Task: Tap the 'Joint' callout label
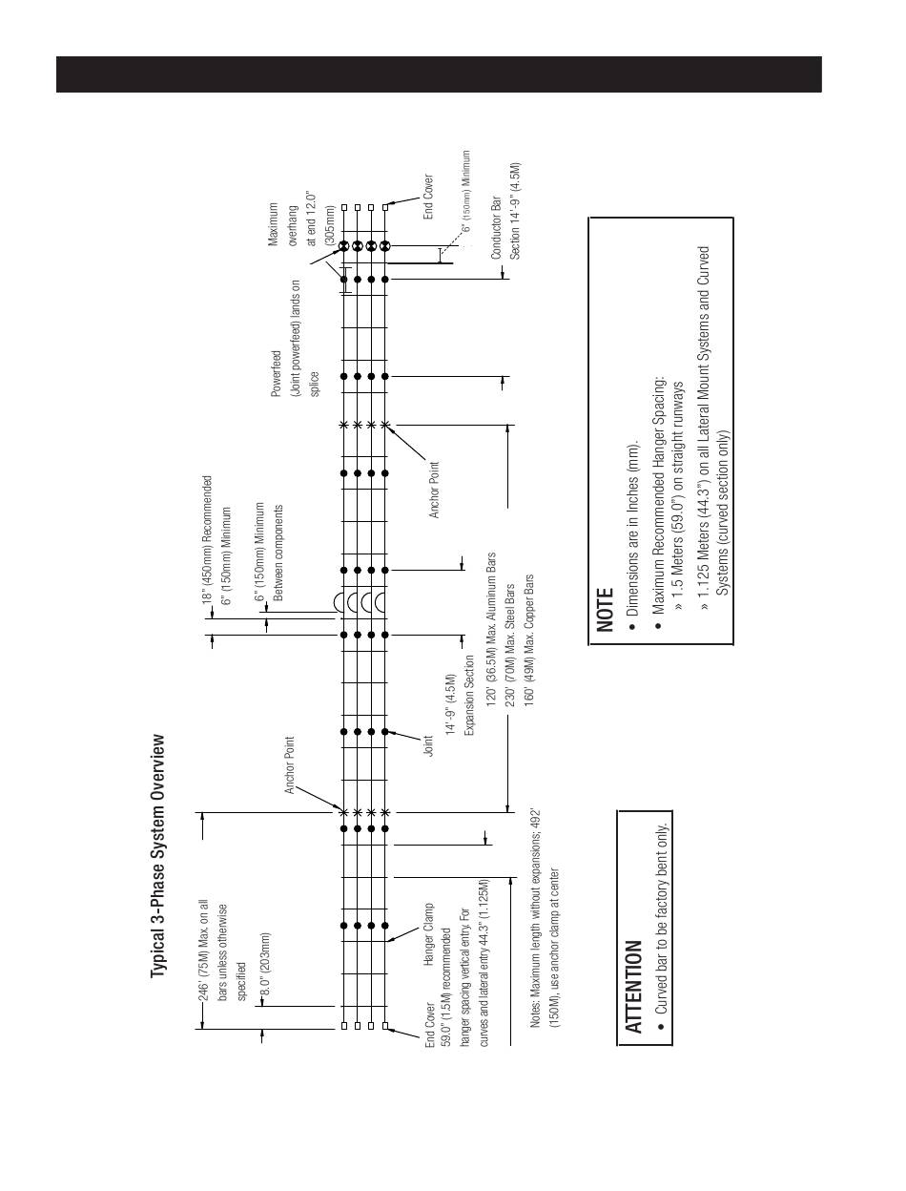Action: coord(429,745)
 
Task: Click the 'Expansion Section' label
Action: coord(469,694)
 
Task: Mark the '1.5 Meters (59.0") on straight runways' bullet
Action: coord(679,496)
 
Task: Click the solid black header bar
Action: coord(439,74)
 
